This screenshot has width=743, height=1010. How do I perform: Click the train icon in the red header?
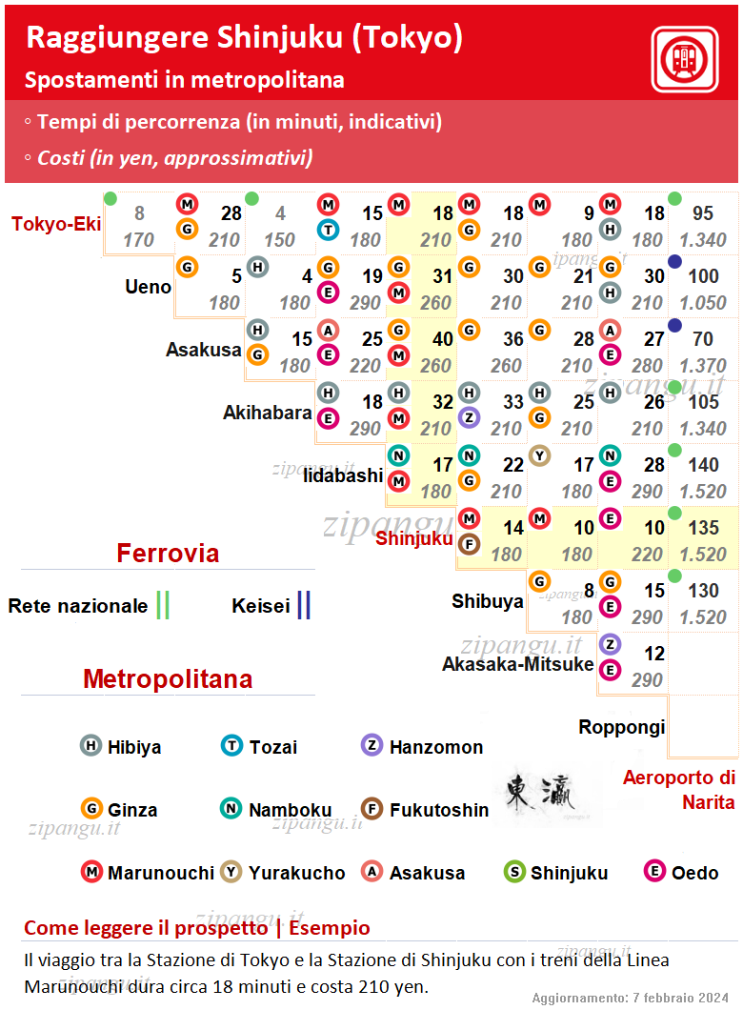pyautogui.click(x=684, y=59)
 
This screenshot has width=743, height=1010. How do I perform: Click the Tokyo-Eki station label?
pyautogui.click(x=56, y=224)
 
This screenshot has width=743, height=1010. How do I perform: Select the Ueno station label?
pyautogui.click(x=148, y=287)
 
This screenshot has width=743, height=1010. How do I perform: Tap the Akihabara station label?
pyautogui.click(x=268, y=413)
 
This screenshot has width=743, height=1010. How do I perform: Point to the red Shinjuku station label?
pyautogui.click(x=414, y=538)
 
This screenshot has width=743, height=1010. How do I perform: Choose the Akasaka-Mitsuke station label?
pyautogui.click(x=517, y=664)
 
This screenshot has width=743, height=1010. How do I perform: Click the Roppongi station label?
pyautogui.click(x=621, y=727)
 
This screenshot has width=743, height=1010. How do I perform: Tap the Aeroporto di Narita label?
pyautogui.click(x=678, y=790)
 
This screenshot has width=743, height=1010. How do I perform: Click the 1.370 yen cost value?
pyautogui.click(x=703, y=365)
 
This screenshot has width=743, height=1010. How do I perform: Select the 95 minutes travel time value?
pyautogui.click(x=703, y=213)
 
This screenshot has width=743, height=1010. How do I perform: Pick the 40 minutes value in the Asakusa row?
pyautogui.click(x=442, y=339)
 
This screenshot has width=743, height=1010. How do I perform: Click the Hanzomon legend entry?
pyautogui.click(x=422, y=747)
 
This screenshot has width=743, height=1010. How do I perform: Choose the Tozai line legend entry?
pyautogui.click(x=259, y=747)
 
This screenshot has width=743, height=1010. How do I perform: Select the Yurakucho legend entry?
pyautogui.click(x=283, y=872)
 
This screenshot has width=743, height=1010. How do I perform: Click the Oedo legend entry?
pyautogui.click(x=681, y=872)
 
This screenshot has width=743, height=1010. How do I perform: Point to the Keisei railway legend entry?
pyautogui.click(x=271, y=605)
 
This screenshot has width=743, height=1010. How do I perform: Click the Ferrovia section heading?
pyautogui.click(x=168, y=554)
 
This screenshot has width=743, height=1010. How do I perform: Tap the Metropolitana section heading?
pyautogui.click(x=168, y=679)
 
